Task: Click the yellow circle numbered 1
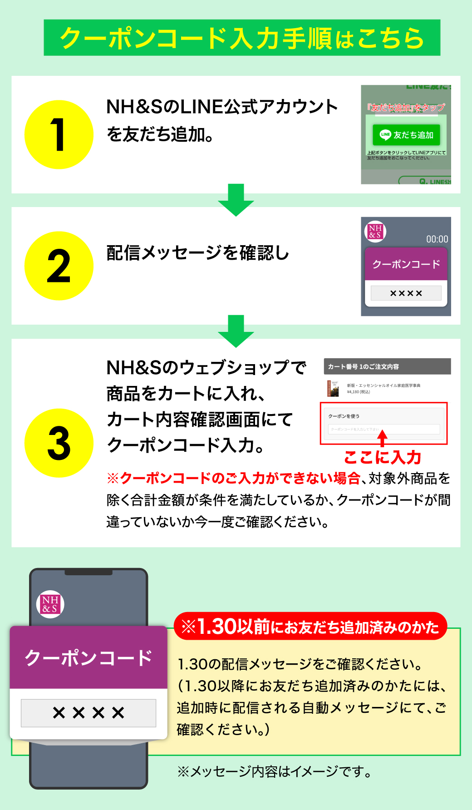59,134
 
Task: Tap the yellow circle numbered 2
59,266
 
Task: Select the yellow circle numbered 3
59,443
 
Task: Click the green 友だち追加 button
406,135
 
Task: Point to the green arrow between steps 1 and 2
236,200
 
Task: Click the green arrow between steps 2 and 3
236,331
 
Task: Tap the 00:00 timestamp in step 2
437,239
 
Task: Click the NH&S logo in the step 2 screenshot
375,231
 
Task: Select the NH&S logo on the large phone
50,604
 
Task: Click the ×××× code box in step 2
406,293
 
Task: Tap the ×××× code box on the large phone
88,713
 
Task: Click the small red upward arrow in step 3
383,438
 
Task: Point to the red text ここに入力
383,457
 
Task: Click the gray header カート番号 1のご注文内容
387,366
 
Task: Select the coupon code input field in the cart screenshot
384,429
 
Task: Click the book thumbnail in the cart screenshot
333,388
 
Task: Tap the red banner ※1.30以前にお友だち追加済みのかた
310,627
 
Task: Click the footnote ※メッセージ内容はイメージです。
275,771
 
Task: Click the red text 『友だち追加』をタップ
406,107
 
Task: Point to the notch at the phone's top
88,572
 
